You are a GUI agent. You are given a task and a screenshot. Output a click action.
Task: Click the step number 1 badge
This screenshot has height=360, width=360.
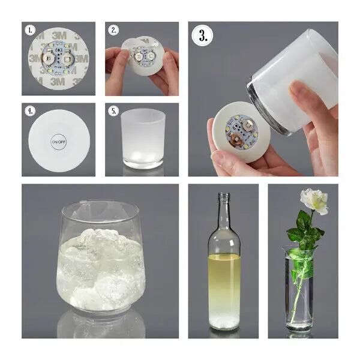coord(30,30)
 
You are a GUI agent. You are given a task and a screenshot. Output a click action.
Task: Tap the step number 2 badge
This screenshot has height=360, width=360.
coord(113,30)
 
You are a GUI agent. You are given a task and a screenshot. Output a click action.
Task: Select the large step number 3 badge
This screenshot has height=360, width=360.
coord(203,36)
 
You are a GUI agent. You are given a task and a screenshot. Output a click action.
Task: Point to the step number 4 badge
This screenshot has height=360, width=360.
coord(30,111)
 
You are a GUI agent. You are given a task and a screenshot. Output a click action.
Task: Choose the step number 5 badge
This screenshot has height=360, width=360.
coord(113,111)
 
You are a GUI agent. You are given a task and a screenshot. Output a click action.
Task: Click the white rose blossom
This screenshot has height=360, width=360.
coord(314,200)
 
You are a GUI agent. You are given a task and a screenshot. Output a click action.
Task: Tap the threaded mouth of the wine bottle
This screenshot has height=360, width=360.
coord(224,196)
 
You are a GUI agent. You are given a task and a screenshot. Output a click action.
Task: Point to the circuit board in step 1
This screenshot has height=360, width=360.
coord(58,59)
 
